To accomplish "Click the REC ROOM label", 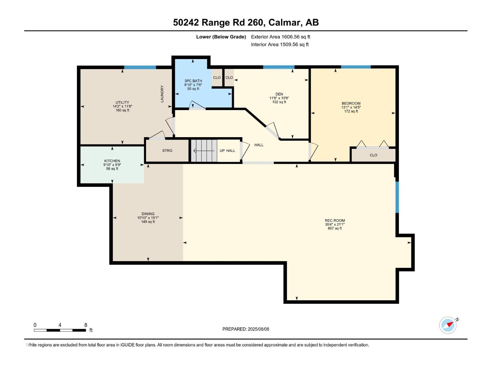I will tap(335, 220).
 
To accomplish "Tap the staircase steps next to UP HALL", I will tap(204, 151).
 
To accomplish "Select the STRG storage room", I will tap(167, 151).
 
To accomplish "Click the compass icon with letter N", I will tap(448, 325).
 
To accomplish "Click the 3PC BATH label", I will tap(193, 81).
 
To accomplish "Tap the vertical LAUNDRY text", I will tap(162, 94).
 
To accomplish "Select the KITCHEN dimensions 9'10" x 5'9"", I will tap(112, 165).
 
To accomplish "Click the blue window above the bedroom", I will tap(356, 67).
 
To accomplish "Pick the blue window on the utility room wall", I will tap(140, 67).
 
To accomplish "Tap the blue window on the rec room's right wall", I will tap(397, 197).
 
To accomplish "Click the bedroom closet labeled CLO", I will tap(373, 155).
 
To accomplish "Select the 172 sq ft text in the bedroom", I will tap(351, 111).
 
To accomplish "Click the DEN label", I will tap(279, 94).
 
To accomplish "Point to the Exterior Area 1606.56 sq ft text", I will tap(280, 37).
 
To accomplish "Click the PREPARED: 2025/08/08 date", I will tap(246, 329).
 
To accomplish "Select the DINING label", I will tap(148, 214).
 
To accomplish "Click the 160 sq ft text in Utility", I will tap(122, 110).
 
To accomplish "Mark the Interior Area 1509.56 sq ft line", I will tap(280, 45).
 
